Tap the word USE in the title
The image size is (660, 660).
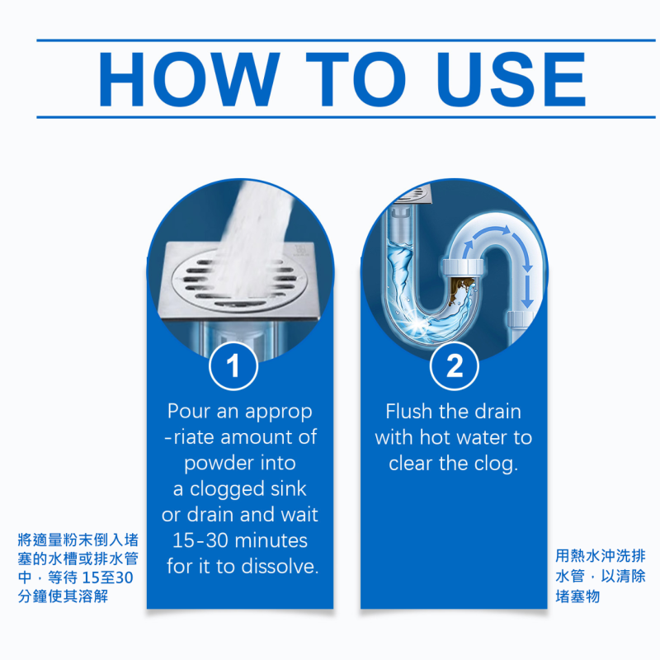511,78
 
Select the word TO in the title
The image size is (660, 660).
356,78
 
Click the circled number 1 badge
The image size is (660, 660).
233,365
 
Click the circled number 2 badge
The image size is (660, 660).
455,365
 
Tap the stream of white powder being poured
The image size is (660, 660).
257,236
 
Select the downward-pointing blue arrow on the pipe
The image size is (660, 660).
527,290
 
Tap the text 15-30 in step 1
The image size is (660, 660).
200,540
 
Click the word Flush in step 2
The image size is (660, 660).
408,411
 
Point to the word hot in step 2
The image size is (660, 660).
436,437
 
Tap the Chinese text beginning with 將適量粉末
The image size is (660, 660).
78,568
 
